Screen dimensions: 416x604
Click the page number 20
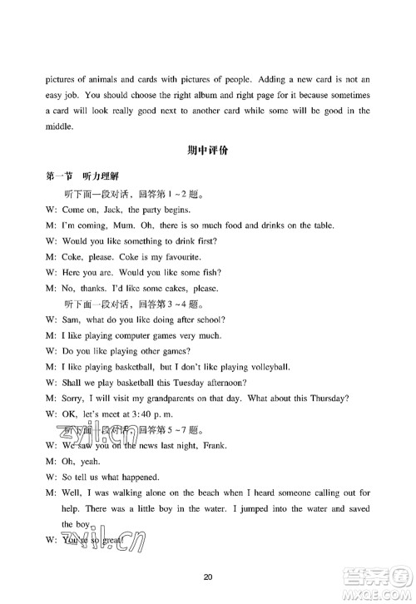pyautogui.click(x=208, y=577)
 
